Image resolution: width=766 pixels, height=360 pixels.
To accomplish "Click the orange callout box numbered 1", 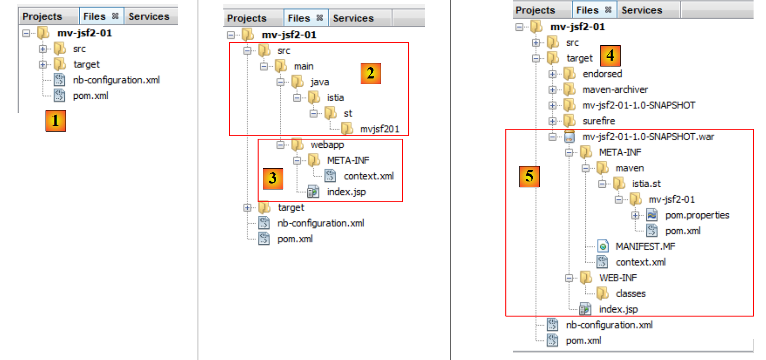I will (56, 120).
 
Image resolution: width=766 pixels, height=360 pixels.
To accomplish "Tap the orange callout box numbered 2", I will (370, 73).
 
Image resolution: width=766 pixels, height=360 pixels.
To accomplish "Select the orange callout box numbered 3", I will (273, 178).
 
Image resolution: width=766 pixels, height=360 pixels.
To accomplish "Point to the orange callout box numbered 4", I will (610, 56).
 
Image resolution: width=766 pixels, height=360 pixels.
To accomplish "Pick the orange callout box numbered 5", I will (529, 176).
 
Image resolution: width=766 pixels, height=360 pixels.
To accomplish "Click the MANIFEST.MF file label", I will (645, 247).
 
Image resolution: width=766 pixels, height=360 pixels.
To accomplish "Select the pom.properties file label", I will (697, 215).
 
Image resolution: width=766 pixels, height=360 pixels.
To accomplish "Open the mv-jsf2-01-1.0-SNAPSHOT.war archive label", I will (648, 137).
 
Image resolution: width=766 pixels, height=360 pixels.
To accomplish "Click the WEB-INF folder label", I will (618, 278).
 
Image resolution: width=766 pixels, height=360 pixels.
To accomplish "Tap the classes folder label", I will (631, 294).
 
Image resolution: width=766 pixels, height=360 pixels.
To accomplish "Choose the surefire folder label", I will (599, 121).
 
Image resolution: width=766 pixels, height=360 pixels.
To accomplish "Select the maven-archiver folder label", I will (615, 90).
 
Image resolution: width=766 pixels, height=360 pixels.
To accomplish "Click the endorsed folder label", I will (602, 74).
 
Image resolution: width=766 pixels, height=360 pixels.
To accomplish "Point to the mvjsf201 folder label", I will (379, 129).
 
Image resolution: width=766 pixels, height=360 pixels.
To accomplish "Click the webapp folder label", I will (327, 144).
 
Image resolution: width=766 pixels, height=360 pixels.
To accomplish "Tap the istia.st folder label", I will (646, 184).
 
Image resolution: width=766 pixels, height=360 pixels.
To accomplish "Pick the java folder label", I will (320, 82).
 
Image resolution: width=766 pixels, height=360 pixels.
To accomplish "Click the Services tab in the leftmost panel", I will (149, 17).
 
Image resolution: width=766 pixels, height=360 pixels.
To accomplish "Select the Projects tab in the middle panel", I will (247, 18).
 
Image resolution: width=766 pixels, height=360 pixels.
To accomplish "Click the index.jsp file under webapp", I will (346, 192).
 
